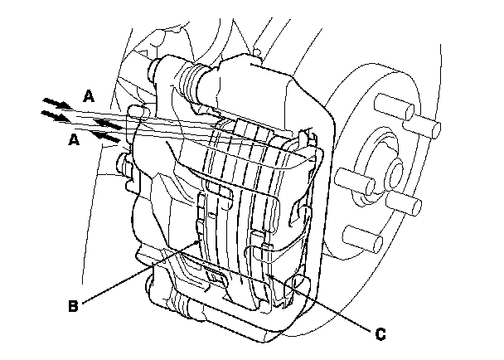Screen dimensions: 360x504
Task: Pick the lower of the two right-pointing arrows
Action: point(54,117)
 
